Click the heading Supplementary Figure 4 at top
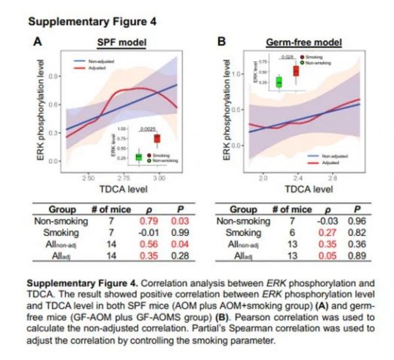click(93, 22)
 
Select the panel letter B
click(222, 41)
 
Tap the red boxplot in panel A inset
click(157, 139)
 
